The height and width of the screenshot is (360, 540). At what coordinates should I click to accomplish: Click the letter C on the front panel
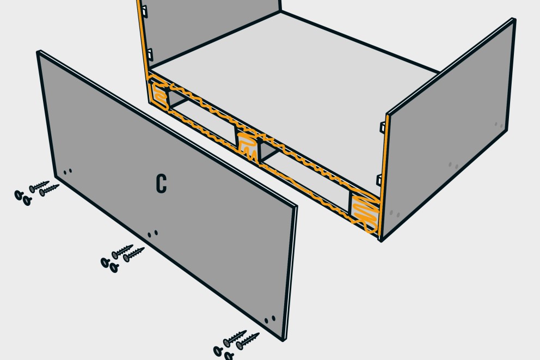pyautogui.click(x=161, y=184)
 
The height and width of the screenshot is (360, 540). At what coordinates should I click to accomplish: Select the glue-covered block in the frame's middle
pyautogui.click(x=248, y=146)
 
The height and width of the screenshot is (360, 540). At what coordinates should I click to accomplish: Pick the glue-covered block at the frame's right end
pyautogui.click(x=364, y=211)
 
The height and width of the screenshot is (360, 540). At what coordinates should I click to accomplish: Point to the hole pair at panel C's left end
pyautogui.click(x=67, y=171)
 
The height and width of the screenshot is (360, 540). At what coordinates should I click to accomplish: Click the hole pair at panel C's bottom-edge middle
pyautogui.click(x=152, y=234)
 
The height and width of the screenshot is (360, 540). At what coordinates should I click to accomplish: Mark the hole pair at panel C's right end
pyautogui.click(x=269, y=319)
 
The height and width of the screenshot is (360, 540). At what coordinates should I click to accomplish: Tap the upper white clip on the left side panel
pyautogui.click(x=144, y=11)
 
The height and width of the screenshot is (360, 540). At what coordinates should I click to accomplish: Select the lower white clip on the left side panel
pyautogui.click(x=150, y=55)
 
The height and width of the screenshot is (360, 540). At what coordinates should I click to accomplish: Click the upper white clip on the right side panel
pyautogui.click(x=382, y=127)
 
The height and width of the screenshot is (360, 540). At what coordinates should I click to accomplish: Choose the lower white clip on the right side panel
pyautogui.click(x=379, y=180)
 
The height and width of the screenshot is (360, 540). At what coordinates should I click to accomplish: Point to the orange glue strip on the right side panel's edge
pyautogui.click(x=383, y=176)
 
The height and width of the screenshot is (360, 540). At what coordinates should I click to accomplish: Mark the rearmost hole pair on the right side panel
pyautogui.click(x=499, y=125)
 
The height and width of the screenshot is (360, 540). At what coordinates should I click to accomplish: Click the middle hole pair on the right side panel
pyautogui.click(x=453, y=166)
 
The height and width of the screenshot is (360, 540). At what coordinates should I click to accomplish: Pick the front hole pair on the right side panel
pyautogui.click(x=395, y=214)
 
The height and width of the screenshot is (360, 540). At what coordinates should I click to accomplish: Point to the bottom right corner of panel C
pyautogui.click(x=283, y=340)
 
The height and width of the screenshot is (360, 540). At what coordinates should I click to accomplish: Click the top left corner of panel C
pyautogui.click(x=38, y=52)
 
